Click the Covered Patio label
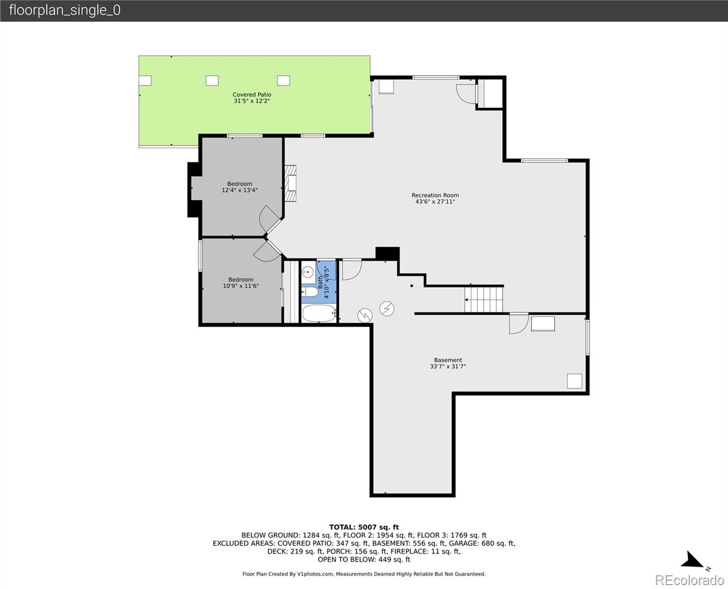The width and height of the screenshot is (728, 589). tap(252, 95)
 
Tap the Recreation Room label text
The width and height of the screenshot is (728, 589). tap(435, 195)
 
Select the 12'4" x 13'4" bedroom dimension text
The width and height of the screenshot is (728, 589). tap(240, 190)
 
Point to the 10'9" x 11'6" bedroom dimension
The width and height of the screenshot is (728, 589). tap(241, 286)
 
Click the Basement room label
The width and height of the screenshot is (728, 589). tap(448, 360)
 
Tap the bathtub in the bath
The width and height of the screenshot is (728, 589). tap(319, 313)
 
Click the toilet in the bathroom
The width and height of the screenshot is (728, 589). tap(310, 292)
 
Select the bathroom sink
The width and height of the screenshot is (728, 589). tap(308, 272)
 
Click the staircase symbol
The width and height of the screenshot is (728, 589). tap(483, 299)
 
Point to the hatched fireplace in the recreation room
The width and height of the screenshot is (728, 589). tap(290, 183)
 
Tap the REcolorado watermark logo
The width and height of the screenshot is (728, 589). tap(689, 580)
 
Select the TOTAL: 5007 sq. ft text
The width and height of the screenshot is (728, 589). tap(364, 527)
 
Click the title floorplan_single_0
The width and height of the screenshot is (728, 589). tap(65, 10)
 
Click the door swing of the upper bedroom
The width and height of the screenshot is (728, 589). tap(270, 218)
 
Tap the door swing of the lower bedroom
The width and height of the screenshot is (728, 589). tap(266, 250)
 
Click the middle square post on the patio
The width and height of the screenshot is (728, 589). tap(212, 80)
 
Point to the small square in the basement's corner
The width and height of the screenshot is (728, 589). tap(574, 381)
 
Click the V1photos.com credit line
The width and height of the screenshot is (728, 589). tap(364, 574)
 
